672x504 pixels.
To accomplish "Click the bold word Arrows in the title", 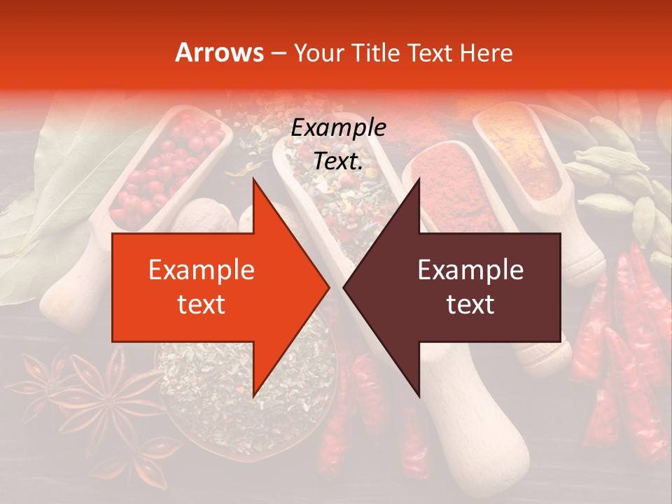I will coord(220,52).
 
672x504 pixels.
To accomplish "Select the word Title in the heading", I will coord(378,52).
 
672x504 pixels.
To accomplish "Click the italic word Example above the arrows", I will coord(338,128).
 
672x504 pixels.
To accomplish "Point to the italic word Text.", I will coord(338,161).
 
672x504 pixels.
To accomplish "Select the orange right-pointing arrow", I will coord(210,287).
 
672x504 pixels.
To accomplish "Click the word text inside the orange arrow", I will coord(201,304).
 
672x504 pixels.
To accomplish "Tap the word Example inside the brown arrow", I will coord(470,269).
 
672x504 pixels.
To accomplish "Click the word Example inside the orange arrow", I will coord(201,269).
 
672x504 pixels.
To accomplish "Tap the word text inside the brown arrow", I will coord(470,304).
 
